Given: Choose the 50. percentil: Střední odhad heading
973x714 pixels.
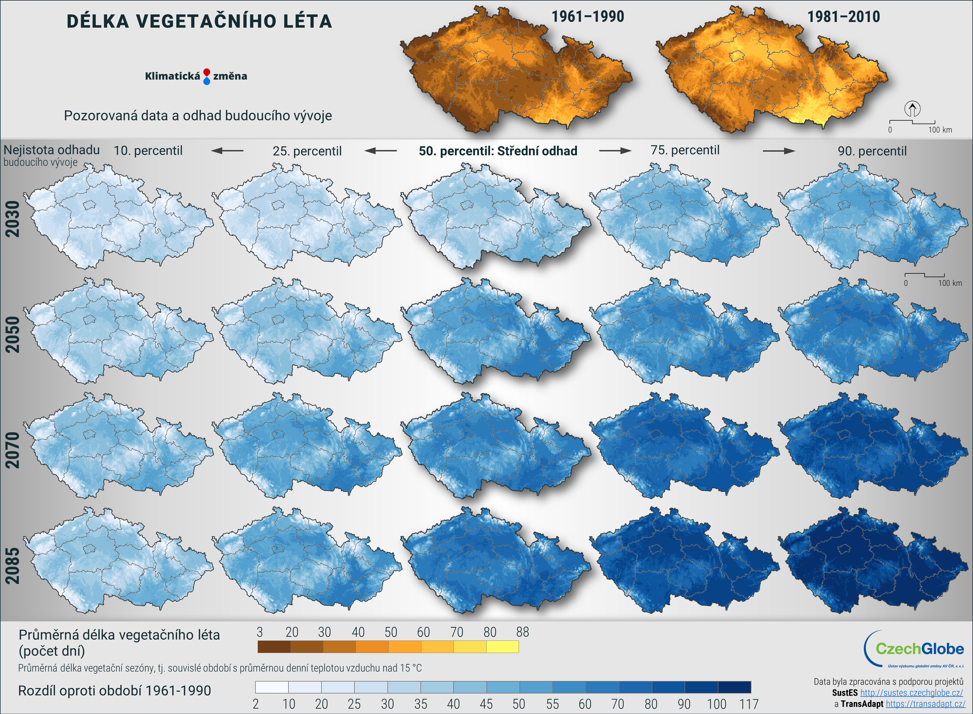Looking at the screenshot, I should [x=498, y=151].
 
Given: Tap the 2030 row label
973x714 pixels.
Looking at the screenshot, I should [x=13, y=219].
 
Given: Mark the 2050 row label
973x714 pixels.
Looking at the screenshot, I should [x=13, y=334].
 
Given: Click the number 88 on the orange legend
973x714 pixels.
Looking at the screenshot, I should [x=522, y=632].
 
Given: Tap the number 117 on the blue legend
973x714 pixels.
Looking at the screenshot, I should [x=749, y=704].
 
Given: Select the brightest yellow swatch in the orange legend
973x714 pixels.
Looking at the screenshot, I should [x=502, y=647].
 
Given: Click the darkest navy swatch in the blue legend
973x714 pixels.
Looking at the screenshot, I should [x=734, y=687].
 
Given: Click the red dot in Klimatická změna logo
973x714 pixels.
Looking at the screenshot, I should [x=207, y=72].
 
